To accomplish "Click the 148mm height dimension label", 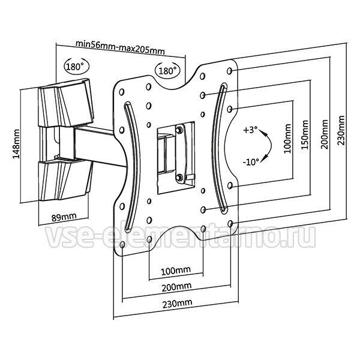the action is point(16,144).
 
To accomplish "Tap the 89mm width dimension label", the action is point(64,217).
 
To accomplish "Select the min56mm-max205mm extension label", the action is point(120,47).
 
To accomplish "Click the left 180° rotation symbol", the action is point(76,67).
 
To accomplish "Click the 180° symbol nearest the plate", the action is point(167,70).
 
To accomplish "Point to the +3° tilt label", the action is point(250,130).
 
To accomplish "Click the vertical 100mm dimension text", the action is point(287,139).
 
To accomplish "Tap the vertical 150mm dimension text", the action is point(305,135).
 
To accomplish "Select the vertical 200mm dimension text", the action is point(325,134).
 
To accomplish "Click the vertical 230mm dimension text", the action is point(341,130).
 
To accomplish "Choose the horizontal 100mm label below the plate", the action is point(176,271).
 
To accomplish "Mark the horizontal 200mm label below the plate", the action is point(176,287).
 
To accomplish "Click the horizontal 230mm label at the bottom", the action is point(177,304).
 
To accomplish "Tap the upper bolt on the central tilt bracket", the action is point(179,130).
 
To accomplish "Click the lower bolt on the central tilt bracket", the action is point(179,177).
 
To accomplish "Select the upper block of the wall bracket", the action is point(65,103).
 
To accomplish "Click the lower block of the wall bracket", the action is point(65,180).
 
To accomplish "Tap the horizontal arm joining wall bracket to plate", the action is point(99,146).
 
